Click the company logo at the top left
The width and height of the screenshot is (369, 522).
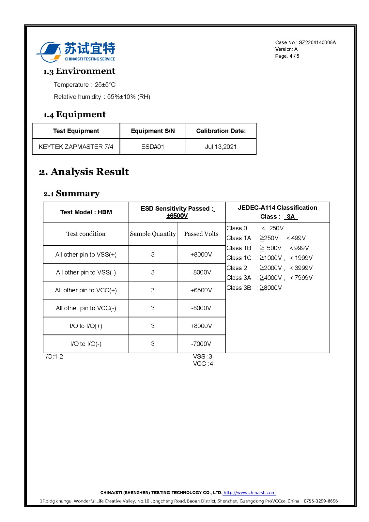click(76, 52)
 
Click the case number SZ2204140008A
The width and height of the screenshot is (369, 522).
click(317, 42)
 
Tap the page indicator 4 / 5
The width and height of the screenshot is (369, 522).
click(294, 56)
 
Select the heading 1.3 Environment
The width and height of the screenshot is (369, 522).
click(79, 71)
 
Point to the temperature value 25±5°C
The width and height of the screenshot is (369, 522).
click(105, 85)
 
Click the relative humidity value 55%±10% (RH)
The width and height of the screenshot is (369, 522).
click(129, 97)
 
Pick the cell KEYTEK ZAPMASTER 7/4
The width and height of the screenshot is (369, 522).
click(76, 147)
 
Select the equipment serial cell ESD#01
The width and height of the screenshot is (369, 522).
click(153, 147)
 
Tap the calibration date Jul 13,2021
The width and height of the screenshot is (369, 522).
click(221, 147)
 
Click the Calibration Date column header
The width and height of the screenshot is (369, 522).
click(221, 131)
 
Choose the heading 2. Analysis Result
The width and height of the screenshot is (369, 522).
click(84, 172)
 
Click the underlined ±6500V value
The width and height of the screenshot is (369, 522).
click(177, 216)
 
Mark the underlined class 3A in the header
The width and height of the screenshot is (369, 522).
click(290, 217)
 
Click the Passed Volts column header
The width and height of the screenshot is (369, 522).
click(201, 234)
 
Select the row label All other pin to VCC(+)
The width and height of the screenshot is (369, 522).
click(86, 290)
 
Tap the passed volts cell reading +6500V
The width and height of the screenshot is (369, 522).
click(201, 290)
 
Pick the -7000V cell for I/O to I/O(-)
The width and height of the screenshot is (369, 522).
click(201, 344)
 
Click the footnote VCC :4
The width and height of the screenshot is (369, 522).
click(203, 364)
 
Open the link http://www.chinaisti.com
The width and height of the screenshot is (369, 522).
click(249, 493)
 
